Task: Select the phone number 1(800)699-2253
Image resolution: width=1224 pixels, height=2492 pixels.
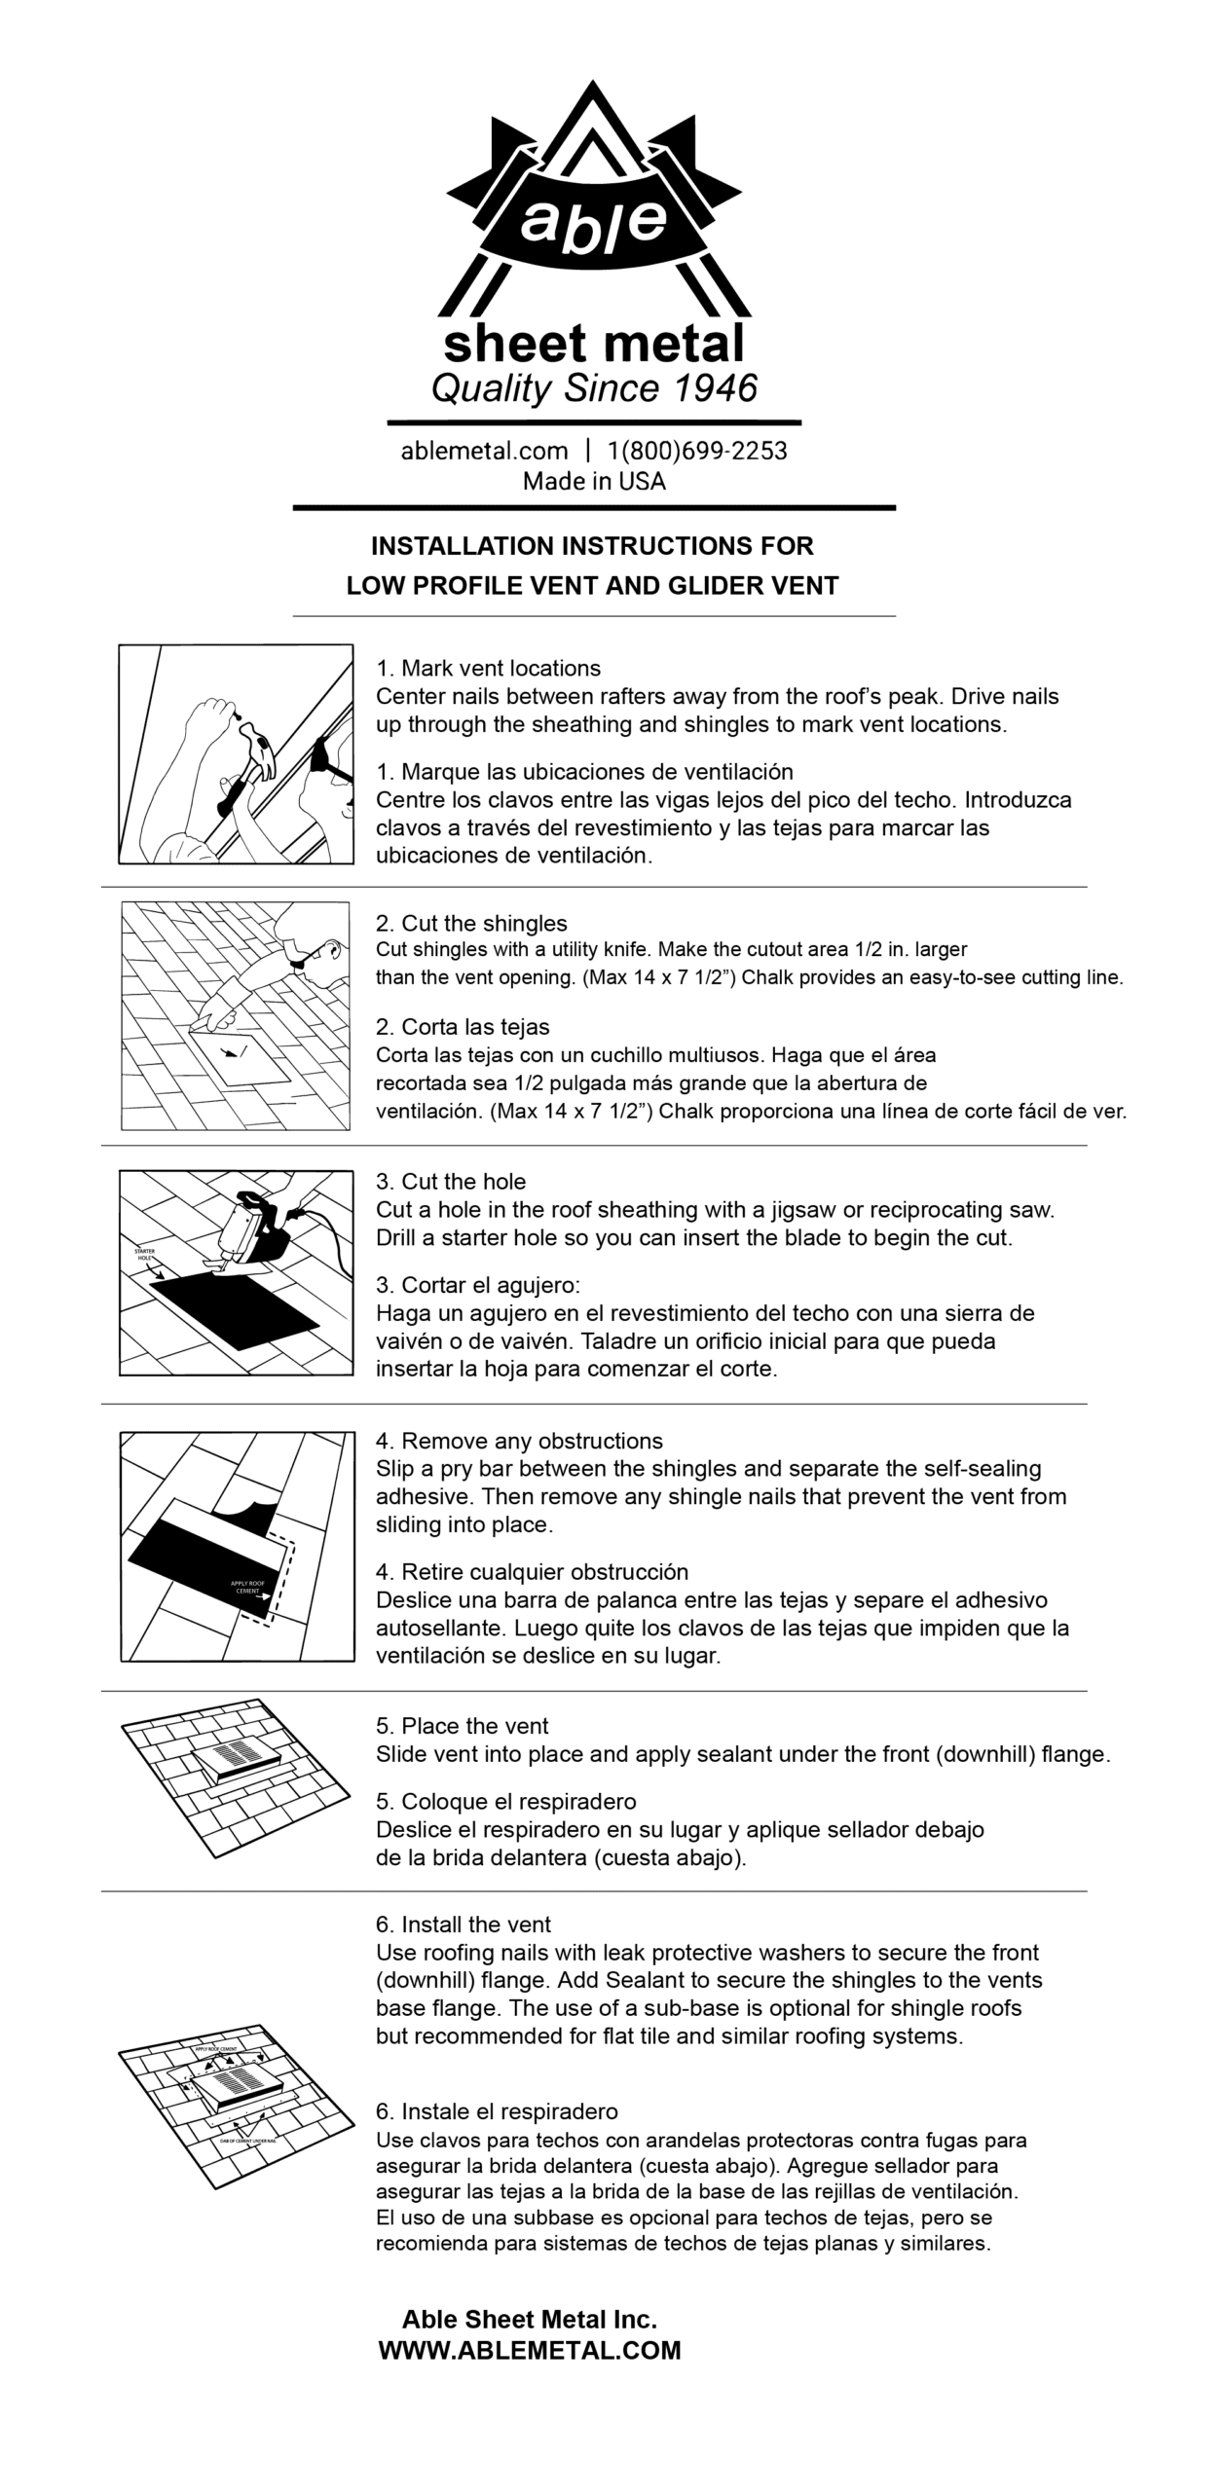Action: point(697,451)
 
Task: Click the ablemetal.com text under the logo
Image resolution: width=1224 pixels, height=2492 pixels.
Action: point(484,451)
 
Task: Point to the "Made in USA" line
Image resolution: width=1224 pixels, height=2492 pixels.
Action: point(594,481)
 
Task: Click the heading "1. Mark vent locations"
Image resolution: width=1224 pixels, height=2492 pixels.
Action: point(488,669)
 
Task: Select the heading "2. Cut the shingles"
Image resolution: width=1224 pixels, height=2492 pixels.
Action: point(471,923)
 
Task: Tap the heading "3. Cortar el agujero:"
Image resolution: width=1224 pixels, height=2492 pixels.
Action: point(478,1285)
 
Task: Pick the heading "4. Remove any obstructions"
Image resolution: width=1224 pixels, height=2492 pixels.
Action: point(519,1441)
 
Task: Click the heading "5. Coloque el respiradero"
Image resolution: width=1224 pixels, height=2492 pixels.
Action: point(505,1801)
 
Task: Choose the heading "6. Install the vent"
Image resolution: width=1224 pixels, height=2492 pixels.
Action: point(464,1924)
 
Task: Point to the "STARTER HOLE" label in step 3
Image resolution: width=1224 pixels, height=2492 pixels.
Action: point(144,1254)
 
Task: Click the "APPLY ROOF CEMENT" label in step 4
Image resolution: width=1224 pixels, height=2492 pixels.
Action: point(247,1587)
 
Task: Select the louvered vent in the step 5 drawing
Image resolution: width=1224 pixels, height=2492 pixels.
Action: point(237,1755)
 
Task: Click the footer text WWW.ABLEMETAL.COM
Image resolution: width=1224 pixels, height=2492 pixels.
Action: point(530,2350)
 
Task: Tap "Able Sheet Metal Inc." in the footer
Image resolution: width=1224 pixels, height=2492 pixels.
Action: point(530,2320)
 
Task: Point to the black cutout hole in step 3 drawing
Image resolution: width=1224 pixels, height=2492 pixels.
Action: point(234,1311)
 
